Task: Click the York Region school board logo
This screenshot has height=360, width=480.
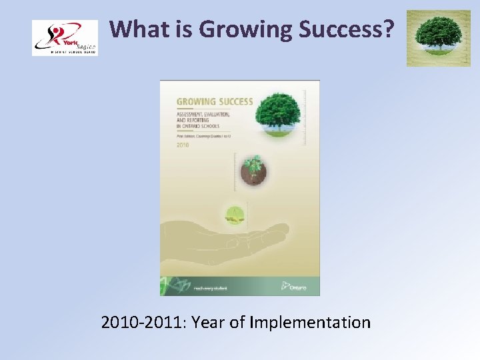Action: (65, 38)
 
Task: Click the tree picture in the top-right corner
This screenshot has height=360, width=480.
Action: (438, 38)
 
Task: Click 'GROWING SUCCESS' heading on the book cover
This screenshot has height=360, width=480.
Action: (214, 102)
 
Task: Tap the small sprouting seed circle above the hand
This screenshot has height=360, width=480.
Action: (234, 214)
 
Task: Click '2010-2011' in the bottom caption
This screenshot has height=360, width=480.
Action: (143, 323)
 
